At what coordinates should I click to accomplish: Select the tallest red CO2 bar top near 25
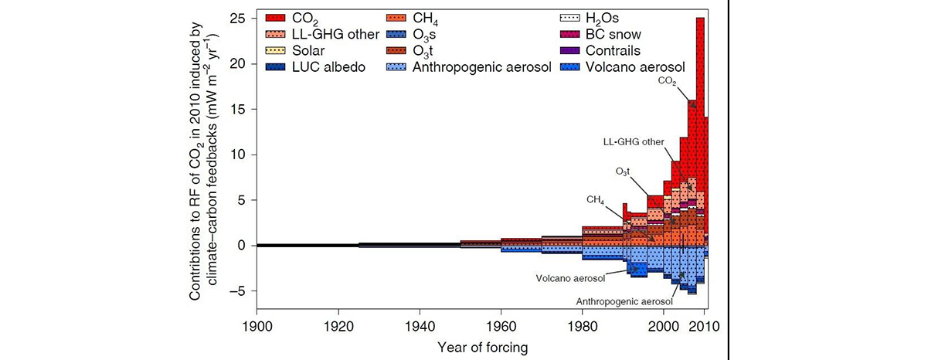pyautogui.click(x=700, y=19)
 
